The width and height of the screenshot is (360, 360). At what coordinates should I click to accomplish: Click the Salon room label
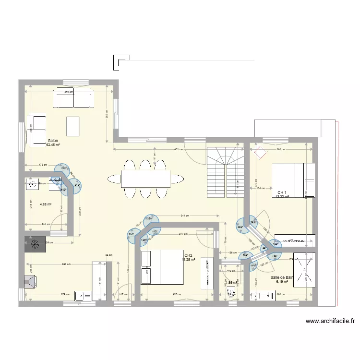(53, 141)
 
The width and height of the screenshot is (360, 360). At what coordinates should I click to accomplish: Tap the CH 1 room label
(282, 192)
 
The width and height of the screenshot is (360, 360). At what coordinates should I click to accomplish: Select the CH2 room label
(188, 255)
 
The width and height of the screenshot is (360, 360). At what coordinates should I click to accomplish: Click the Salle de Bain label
(282, 277)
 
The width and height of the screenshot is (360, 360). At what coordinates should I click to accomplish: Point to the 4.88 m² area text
(46, 204)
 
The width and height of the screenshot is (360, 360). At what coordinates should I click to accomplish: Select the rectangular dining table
(145, 179)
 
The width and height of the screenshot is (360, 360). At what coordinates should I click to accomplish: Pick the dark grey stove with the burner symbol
(35, 244)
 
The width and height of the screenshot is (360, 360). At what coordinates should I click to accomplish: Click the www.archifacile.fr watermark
(329, 322)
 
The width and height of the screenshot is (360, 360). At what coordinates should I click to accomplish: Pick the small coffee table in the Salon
(73, 126)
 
